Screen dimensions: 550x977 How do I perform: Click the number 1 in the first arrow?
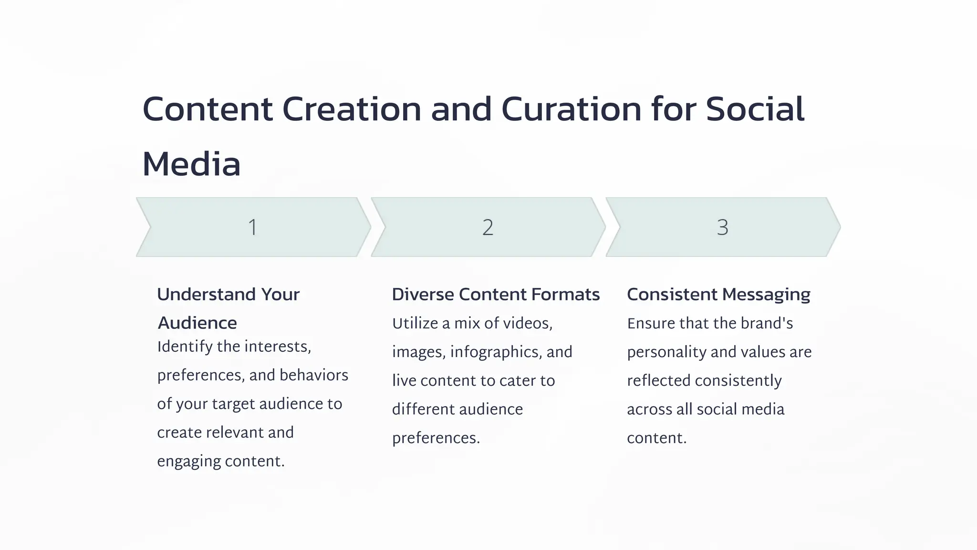253,227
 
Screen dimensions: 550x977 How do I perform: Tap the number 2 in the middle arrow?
488,227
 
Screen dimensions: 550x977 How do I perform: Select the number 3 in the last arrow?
722,227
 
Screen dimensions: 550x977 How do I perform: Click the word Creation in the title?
352,109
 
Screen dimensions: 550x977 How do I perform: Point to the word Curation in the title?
572,109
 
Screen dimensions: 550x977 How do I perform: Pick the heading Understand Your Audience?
228,308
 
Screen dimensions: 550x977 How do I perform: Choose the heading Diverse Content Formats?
496,295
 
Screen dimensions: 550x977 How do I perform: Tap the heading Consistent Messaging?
718,295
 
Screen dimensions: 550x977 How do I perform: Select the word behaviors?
314,375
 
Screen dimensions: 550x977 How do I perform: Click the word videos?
527,324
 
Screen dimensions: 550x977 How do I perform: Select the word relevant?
232,433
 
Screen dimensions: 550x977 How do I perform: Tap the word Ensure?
651,324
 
